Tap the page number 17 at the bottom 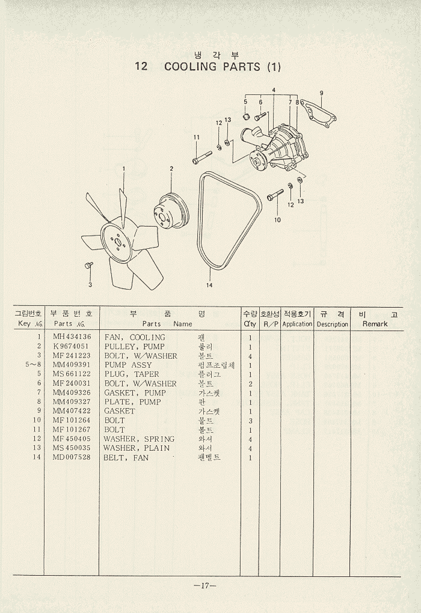point(205,587)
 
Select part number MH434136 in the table point(72,337)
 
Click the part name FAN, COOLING point(135,338)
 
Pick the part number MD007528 point(72,457)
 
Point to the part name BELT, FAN point(126,458)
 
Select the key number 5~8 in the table point(34,365)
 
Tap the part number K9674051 point(71,347)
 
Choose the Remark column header point(375,324)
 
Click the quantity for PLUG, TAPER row point(250,374)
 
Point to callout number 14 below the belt point(209,285)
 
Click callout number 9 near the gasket point(322,93)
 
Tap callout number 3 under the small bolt point(90,285)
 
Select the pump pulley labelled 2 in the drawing point(170,210)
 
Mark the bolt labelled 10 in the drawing point(275,195)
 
